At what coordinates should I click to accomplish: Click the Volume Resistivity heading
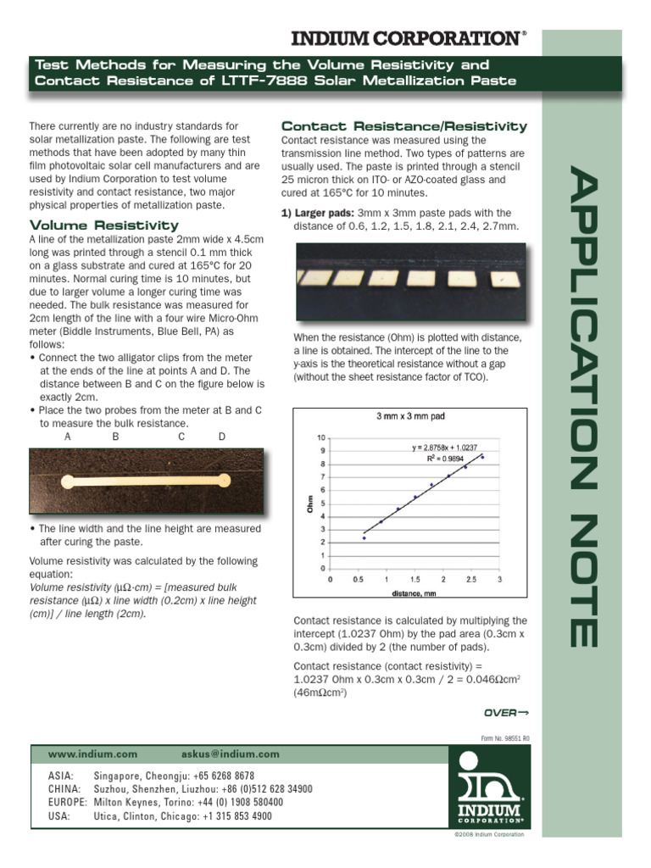[x=104, y=225]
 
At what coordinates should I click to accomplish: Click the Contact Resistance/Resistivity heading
[x=404, y=126]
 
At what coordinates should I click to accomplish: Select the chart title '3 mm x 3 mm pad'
[x=410, y=416]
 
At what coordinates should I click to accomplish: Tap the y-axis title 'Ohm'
[x=310, y=505]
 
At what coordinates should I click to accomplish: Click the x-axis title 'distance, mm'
[x=414, y=594]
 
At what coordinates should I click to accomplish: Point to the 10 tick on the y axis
[x=320, y=438]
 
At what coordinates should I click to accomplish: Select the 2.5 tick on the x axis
[x=471, y=580]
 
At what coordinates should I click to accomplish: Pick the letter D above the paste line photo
[x=222, y=437]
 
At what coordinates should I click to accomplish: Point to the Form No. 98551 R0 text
[x=505, y=738]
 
